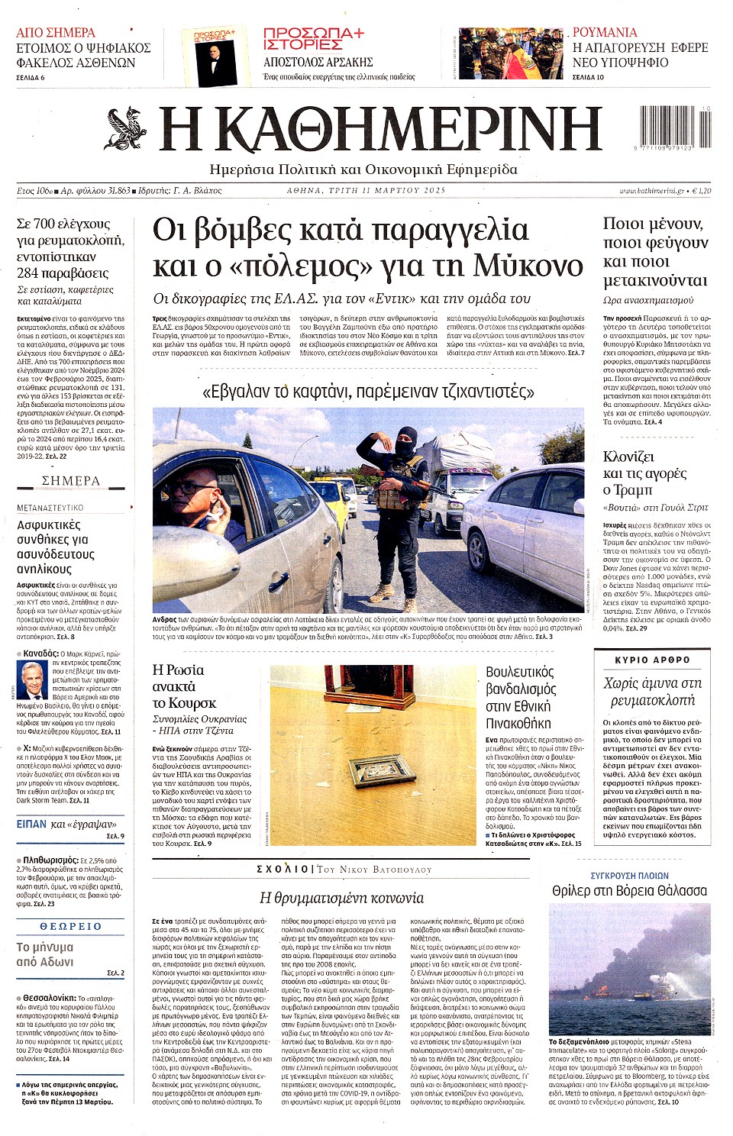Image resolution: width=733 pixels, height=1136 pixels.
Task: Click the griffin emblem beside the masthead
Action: [127, 127]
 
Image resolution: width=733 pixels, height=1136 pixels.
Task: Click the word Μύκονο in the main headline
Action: [528, 266]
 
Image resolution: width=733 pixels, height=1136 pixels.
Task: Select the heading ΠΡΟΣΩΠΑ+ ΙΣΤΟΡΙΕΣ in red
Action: [314, 39]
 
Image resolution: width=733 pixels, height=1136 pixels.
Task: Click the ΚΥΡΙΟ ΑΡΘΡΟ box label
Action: [652, 660]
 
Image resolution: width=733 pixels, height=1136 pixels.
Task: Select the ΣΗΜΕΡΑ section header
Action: [70, 481]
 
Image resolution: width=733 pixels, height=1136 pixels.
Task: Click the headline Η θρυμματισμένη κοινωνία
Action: [341, 898]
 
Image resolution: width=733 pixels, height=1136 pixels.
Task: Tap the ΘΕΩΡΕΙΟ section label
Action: [70, 926]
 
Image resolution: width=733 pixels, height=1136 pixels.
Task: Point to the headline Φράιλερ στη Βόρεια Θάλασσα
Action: [629, 891]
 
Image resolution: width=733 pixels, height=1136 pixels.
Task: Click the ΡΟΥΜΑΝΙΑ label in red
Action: [605, 32]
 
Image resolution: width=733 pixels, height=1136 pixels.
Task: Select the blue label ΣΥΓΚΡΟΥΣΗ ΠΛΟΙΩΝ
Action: [629, 876]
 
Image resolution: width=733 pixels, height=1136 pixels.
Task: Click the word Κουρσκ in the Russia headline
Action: [192, 702]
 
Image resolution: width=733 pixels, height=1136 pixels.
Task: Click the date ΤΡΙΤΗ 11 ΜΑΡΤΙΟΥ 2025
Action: [366, 190]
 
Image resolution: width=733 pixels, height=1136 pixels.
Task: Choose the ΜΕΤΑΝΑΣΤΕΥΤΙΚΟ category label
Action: [50, 508]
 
